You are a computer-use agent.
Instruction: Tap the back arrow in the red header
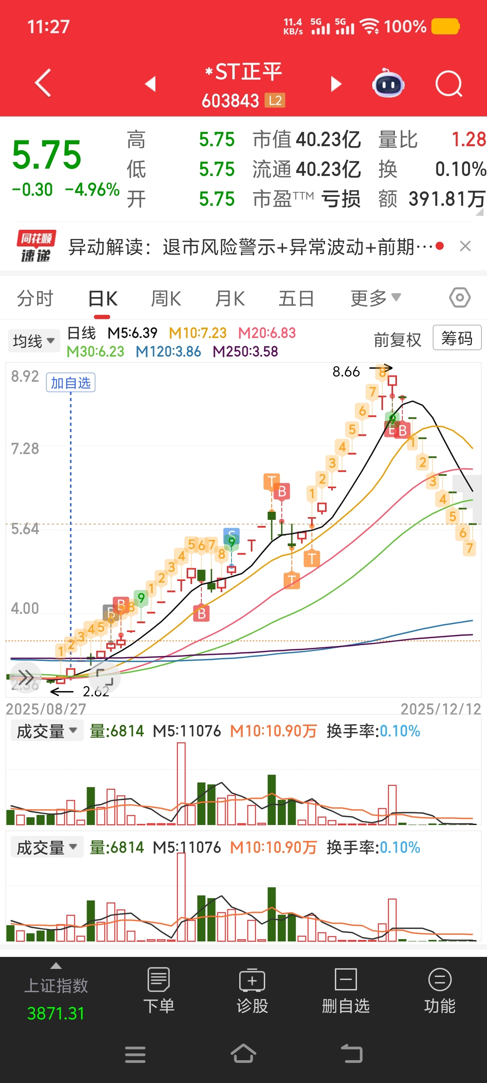tap(43, 83)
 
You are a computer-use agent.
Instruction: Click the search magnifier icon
tap(448, 84)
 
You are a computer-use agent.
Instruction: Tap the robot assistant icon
tap(388, 84)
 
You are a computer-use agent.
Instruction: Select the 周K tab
tap(166, 299)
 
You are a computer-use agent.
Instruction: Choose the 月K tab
tap(230, 299)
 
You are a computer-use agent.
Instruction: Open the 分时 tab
tap(35, 299)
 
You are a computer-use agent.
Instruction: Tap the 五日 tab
tap(296, 299)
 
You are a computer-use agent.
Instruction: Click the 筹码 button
tap(457, 338)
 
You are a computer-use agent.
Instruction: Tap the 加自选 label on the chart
tap(71, 383)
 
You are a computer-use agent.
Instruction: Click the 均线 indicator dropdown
tap(34, 340)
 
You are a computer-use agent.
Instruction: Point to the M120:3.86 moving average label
tap(168, 352)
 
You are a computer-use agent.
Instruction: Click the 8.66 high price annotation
tap(346, 372)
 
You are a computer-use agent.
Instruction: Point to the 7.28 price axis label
tap(25, 449)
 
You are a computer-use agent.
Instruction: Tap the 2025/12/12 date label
tap(440, 709)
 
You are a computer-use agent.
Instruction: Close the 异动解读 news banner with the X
tap(465, 246)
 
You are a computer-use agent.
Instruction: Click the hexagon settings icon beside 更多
tap(460, 298)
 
